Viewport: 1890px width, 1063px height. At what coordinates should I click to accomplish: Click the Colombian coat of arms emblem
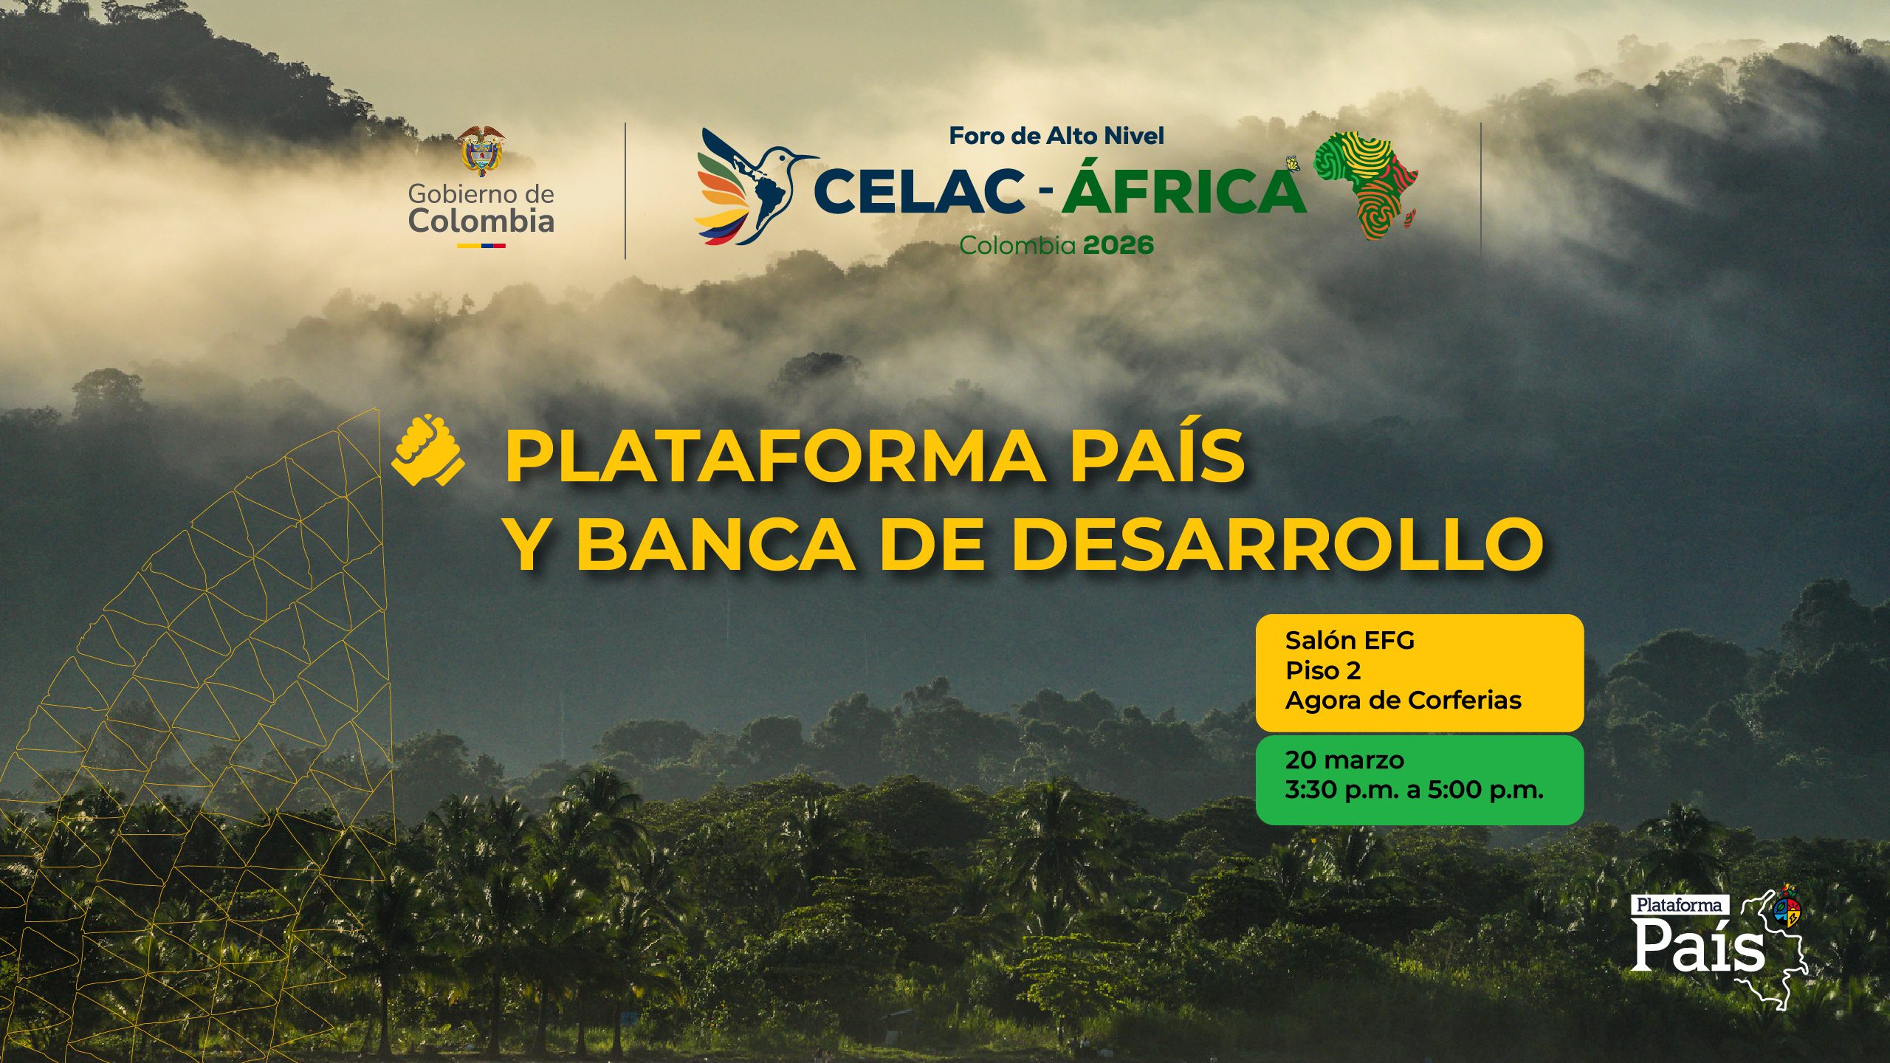tap(481, 151)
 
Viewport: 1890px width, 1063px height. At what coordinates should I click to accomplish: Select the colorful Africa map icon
tap(1367, 185)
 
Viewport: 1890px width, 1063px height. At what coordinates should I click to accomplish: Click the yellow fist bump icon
tap(427, 450)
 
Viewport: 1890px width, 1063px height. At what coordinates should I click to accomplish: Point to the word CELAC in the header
tap(920, 191)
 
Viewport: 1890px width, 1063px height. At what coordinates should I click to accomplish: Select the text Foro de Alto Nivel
tap(1056, 136)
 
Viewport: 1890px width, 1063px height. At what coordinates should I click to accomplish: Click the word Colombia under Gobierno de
tap(481, 221)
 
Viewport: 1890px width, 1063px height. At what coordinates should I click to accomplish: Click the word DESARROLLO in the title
tap(1277, 544)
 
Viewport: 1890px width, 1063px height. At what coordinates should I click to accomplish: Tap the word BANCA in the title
tap(715, 544)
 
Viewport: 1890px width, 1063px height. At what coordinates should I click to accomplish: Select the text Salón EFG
tap(1350, 640)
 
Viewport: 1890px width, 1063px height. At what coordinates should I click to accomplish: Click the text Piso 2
tap(1323, 670)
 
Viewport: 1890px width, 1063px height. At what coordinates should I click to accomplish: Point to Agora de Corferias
tap(1403, 701)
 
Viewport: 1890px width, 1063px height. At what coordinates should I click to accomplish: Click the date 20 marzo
tap(1344, 760)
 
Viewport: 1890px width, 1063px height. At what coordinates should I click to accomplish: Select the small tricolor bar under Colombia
tap(481, 246)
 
